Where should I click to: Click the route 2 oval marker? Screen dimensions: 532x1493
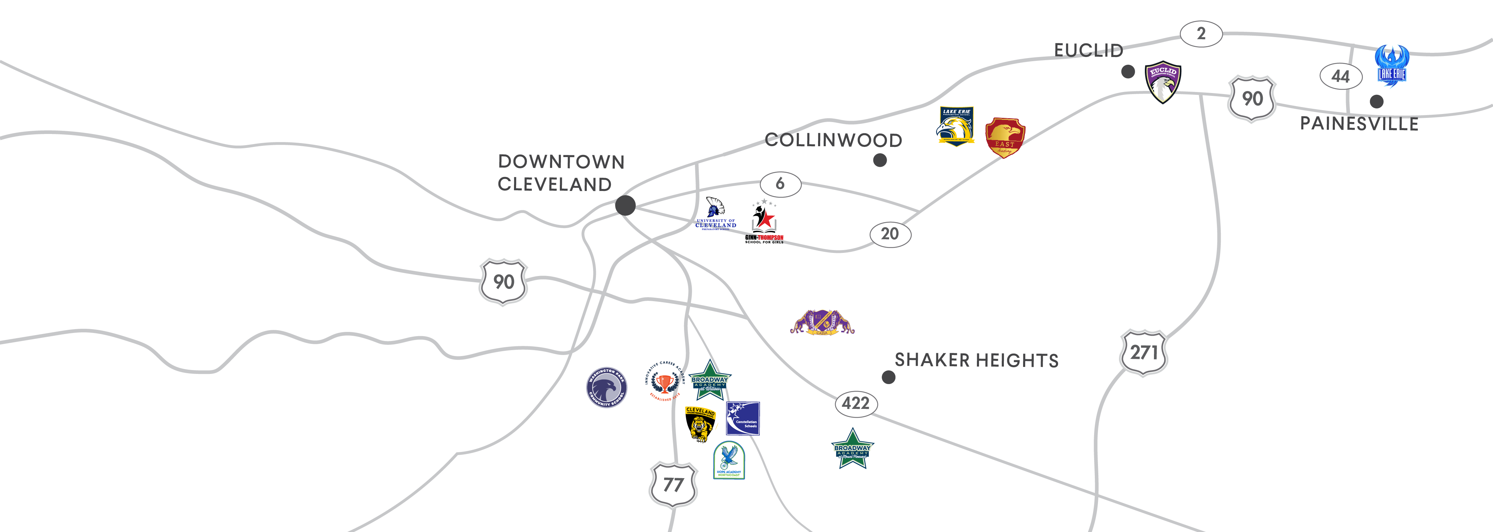point(1201,34)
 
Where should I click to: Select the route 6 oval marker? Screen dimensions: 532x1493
point(780,184)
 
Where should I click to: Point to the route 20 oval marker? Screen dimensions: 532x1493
point(890,234)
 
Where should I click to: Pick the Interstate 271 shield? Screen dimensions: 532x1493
point(1143,352)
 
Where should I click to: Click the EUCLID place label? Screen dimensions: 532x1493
point(1088,50)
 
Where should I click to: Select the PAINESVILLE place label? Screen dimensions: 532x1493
point(1359,123)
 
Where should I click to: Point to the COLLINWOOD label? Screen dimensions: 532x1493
point(833,140)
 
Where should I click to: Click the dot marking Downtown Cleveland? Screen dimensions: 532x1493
point(625,205)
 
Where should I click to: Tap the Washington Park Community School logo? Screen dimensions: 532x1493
point(606,387)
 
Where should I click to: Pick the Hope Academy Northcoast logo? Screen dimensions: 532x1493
point(728,460)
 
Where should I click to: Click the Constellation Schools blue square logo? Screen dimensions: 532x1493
point(742,418)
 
